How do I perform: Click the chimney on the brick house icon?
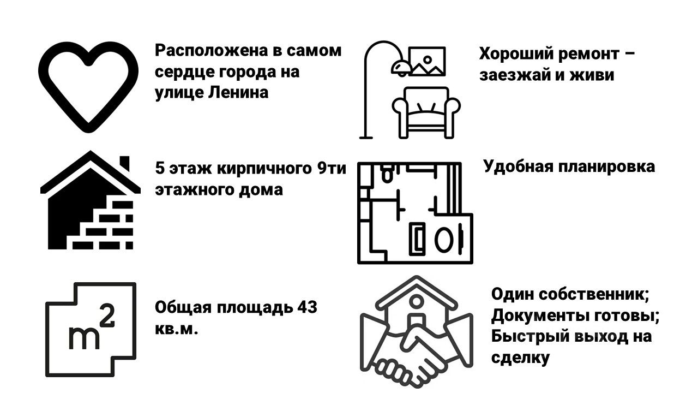pyautogui.click(x=125, y=163)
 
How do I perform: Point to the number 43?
pyautogui.click(x=306, y=307)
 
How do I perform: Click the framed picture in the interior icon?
pyautogui.click(x=427, y=61)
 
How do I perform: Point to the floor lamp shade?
pyautogui.click(x=400, y=66)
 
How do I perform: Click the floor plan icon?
pyautogui.click(x=414, y=213)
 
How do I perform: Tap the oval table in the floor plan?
pyautogui.click(x=442, y=238)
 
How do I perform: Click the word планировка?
pyautogui.click(x=607, y=166)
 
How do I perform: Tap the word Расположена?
pyautogui.click(x=210, y=51)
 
